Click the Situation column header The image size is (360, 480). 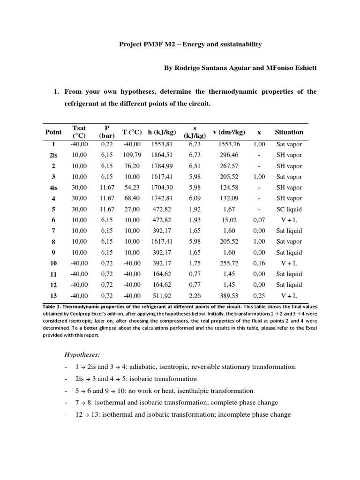(289, 132)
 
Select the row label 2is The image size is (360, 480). (53, 155)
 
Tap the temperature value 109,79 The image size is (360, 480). (132, 155)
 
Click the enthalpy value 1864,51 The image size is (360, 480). (160, 155)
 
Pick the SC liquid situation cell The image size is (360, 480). (289, 209)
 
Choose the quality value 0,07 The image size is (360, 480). (259, 220)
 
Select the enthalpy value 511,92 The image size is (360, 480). (160, 295)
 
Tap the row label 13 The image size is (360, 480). (53, 295)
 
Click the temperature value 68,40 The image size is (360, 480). (132, 198)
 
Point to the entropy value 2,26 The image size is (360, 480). (195, 295)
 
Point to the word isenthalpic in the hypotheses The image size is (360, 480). (195, 390)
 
